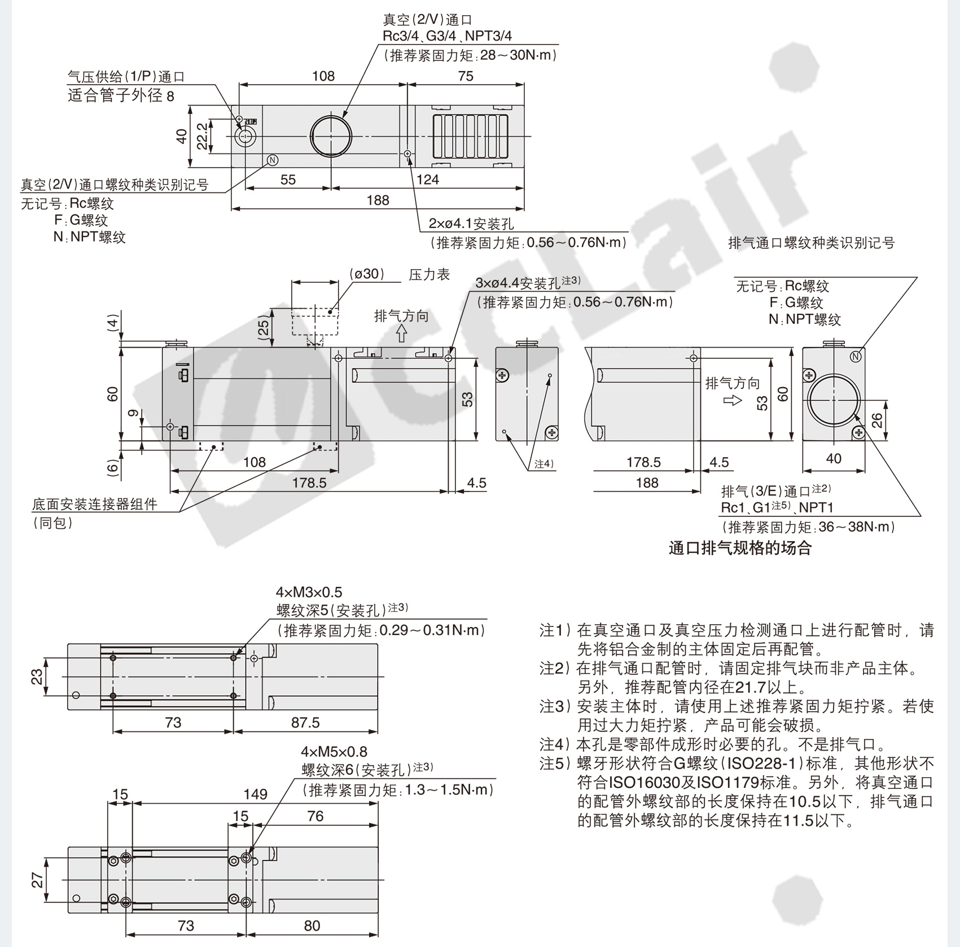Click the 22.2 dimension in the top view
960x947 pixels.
[x=202, y=136]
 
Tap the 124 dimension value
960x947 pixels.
[x=427, y=179]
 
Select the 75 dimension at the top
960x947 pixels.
[x=466, y=76]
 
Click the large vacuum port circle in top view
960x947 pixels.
[x=331, y=137]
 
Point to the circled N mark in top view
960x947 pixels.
[x=273, y=160]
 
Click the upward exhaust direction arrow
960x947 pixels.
[x=401, y=334]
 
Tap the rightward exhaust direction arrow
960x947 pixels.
[x=733, y=401]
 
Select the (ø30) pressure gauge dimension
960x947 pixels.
[x=367, y=274]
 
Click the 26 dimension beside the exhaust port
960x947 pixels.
[x=876, y=420]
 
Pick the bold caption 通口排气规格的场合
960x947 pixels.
[x=740, y=548]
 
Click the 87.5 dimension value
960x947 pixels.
[x=305, y=722]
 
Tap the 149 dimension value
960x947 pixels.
[x=255, y=795]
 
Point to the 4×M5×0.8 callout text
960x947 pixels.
[x=334, y=752]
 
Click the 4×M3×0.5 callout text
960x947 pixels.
[x=309, y=592]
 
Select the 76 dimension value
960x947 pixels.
[x=315, y=816]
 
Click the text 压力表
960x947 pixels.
[x=429, y=275]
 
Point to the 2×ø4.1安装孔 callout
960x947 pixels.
[x=471, y=224]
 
